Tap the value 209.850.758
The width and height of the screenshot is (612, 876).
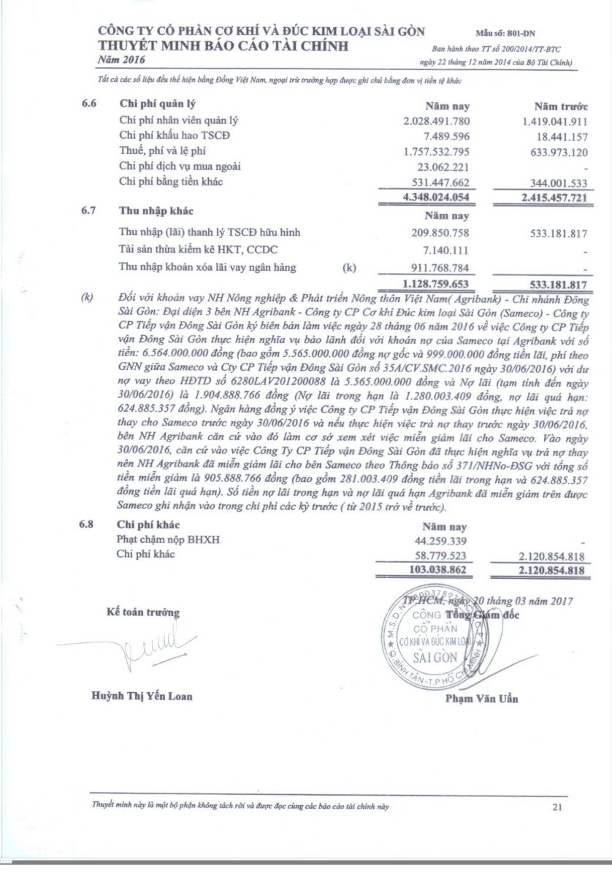(x=440, y=233)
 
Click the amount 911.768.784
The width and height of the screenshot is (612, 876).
(x=440, y=266)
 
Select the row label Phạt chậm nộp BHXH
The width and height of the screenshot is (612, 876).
(x=168, y=539)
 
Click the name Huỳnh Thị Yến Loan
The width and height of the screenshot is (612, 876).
(x=142, y=696)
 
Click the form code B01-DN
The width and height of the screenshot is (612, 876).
(x=543, y=34)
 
